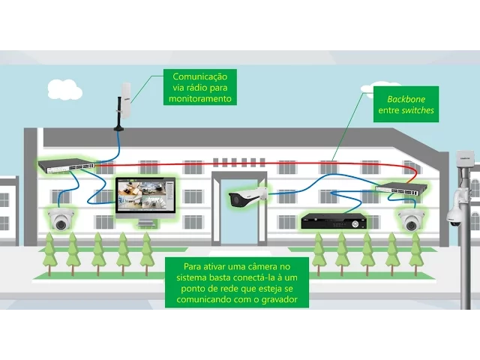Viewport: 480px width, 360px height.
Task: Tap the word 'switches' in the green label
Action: point(417,110)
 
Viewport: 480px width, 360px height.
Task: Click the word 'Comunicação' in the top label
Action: point(199,76)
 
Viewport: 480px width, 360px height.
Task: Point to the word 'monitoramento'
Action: point(199,98)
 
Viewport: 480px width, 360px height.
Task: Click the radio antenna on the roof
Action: point(124,105)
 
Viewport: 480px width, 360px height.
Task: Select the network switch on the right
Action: point(401,188)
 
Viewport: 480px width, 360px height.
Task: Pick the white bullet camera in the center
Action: point(247,197)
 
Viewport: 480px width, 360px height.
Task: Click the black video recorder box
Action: point(334,220)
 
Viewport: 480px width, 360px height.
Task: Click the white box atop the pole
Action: point(463,158)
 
